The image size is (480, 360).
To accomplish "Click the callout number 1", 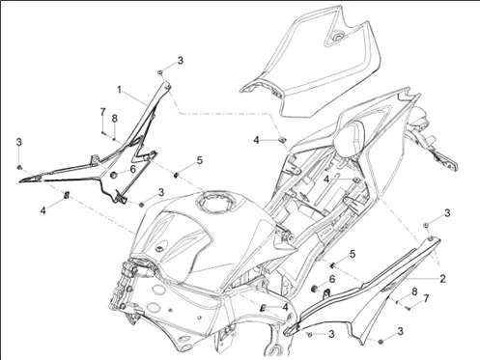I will (119, 90).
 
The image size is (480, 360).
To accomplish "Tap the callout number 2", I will (442, 278).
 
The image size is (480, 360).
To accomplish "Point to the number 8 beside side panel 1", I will (115, 119).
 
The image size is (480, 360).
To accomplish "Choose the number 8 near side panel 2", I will (414, 291).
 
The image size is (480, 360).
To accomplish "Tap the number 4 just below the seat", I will (257, 140).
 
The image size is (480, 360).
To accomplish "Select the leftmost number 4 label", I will (42, 209).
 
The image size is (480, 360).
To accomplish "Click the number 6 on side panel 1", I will (132, 169).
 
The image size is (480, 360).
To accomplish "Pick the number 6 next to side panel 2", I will (331, 278).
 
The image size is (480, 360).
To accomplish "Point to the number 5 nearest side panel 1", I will (199, 160).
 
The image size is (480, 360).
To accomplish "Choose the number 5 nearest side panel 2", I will (353, 253).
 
